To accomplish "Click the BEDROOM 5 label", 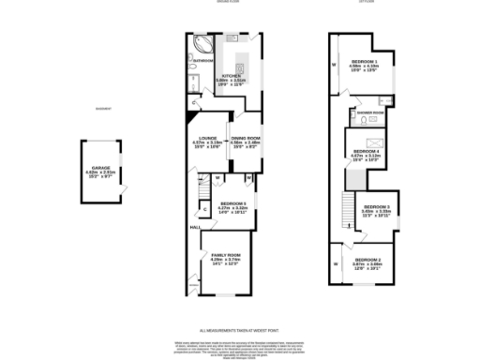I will [232, 203].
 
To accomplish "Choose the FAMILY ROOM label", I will [226, 255].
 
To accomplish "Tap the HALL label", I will [195, 227].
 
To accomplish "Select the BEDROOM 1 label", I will [364, 62].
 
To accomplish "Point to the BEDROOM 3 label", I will [376, 206].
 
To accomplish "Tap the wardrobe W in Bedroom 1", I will [334, 65].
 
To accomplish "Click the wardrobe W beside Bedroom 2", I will [335, 264].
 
